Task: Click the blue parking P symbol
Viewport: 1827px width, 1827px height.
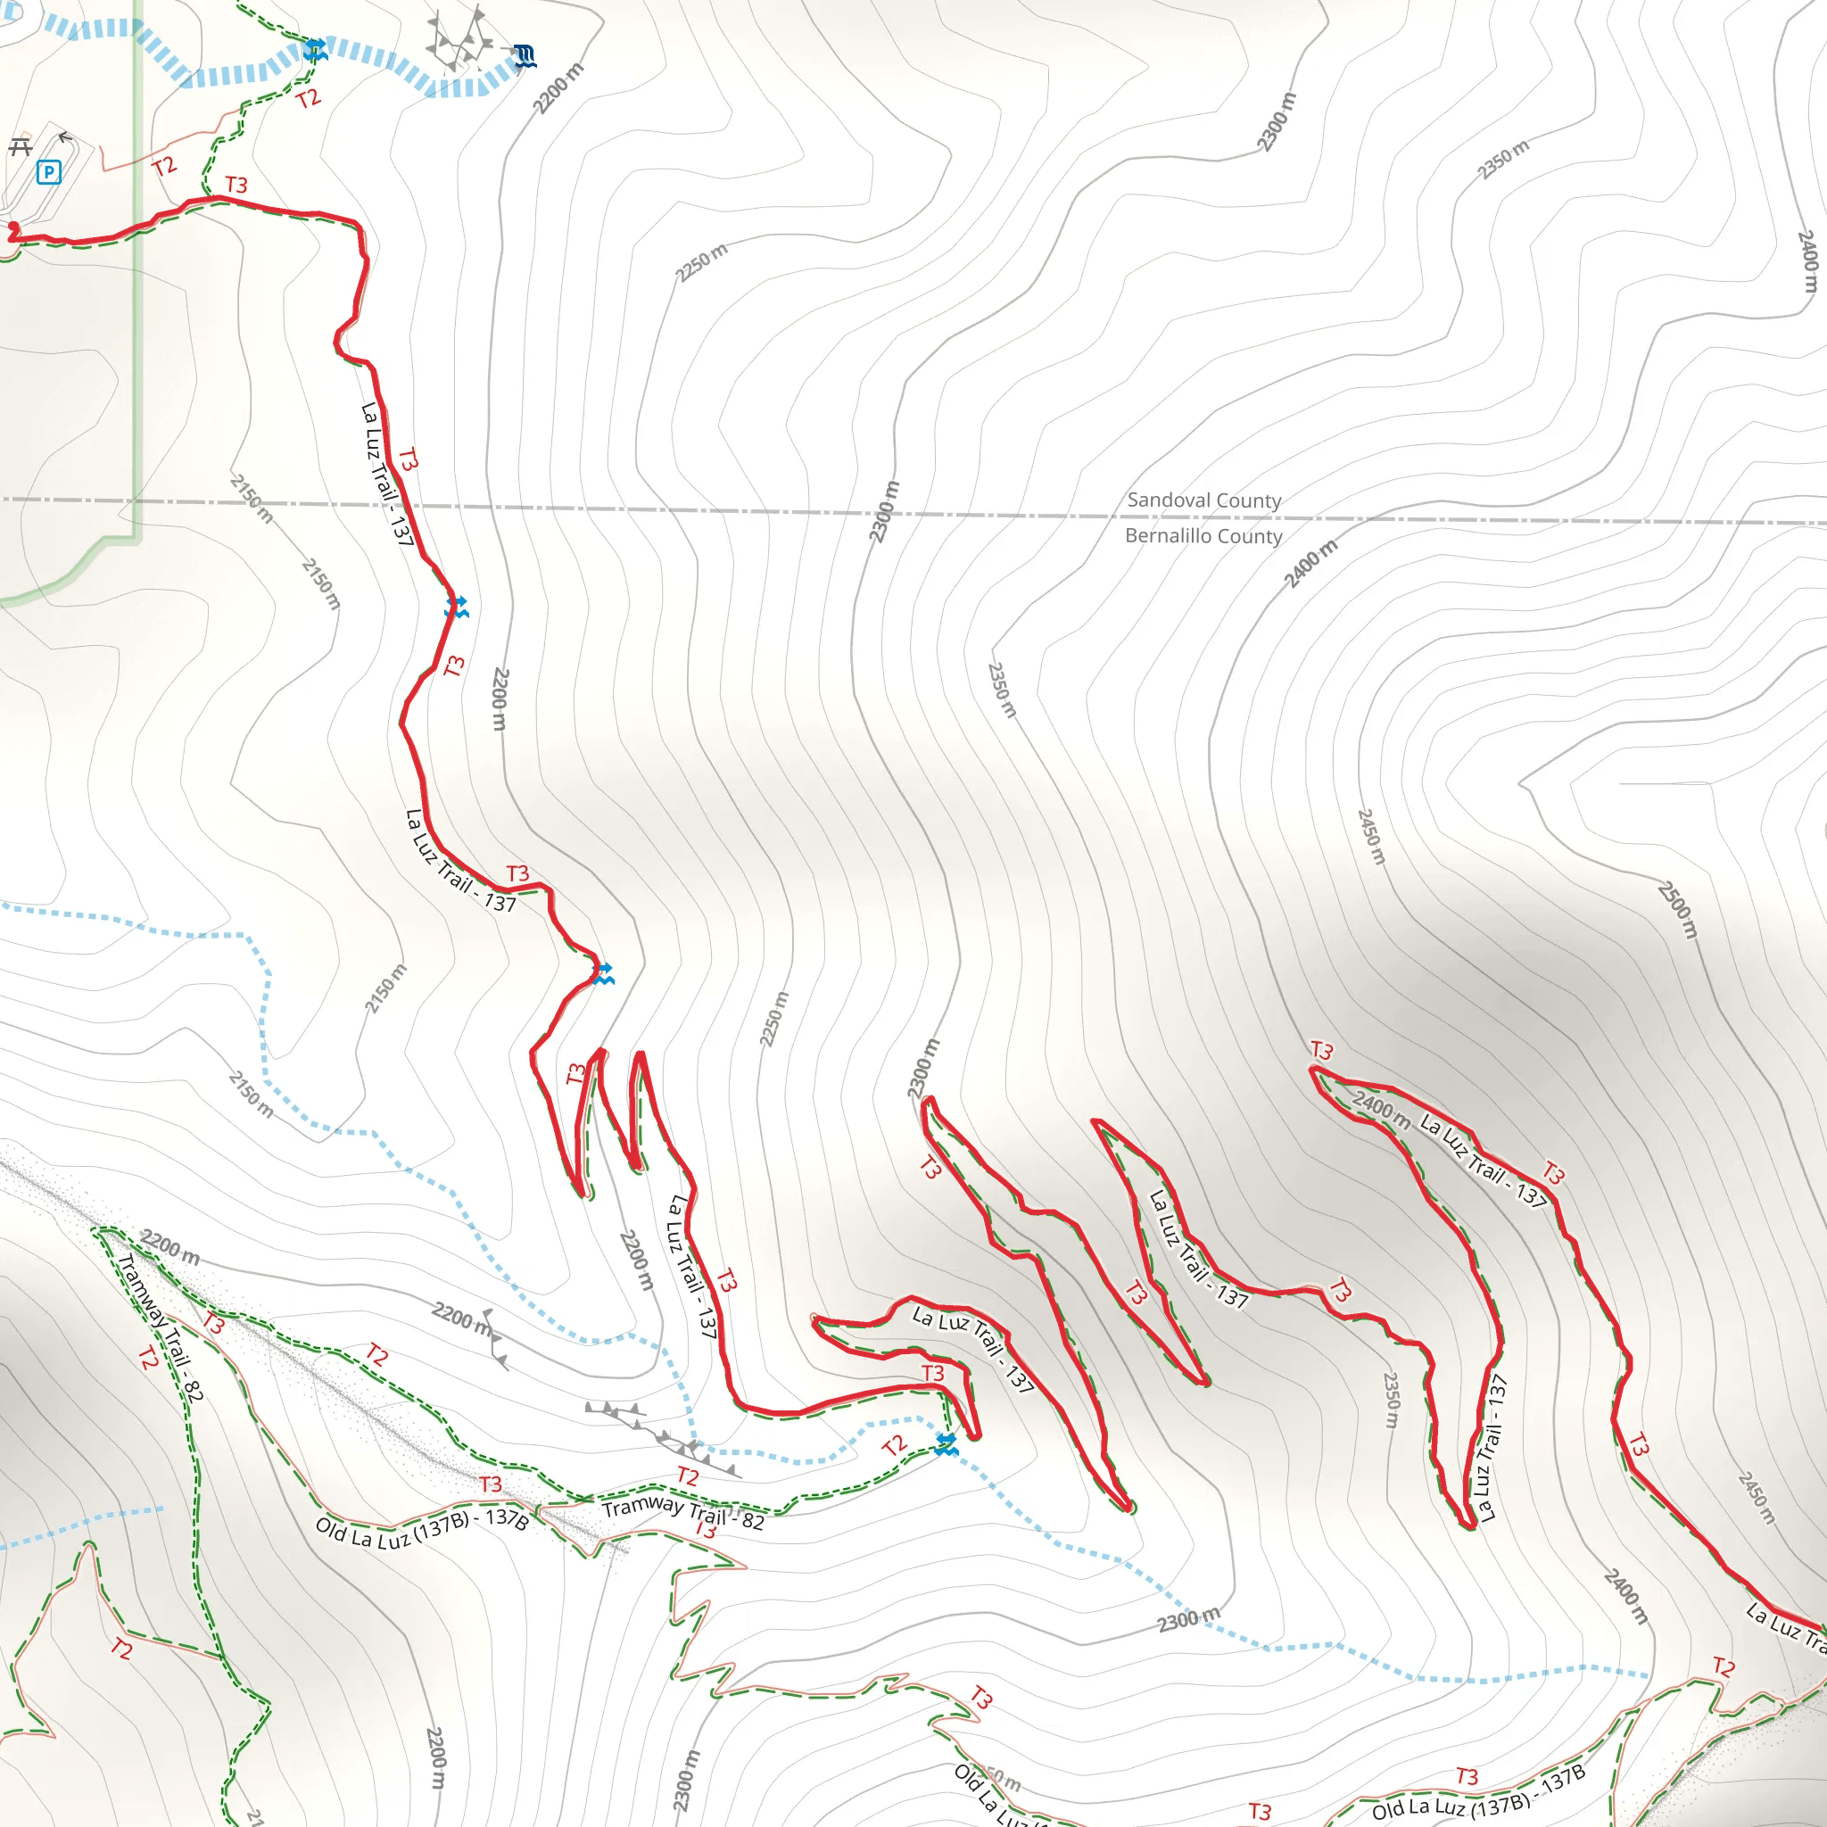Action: click(48, 172)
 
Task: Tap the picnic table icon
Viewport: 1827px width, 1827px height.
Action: click(20, 147)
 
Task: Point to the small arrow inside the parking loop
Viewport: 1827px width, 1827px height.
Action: click(64, 139)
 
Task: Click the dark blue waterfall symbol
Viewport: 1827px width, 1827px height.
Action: click(525, 57)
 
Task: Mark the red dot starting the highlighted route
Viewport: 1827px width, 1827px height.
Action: click(13, 227)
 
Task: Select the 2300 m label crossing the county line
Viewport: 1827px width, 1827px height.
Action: click(885, 511)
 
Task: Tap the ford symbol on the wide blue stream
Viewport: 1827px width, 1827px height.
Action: click(315, 50)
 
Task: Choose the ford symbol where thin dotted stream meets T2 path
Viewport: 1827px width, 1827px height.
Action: click(946, 1444)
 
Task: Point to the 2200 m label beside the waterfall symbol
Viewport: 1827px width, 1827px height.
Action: click(558, 88)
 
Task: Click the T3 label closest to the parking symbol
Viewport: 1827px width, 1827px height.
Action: click(236, 185)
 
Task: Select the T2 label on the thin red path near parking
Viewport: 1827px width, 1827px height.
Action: click(164, 167)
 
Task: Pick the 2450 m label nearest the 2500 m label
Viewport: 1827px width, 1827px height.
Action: click(1371, 836)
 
